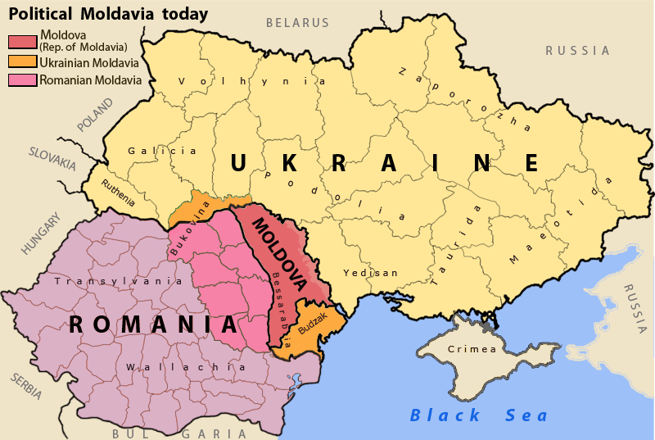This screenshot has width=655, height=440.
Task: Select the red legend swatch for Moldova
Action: click(x=22, y=41)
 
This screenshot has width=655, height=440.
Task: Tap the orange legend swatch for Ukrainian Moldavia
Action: click(x=22, y=61)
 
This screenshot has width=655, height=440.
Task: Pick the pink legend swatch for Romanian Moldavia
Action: click(x=22, y=80)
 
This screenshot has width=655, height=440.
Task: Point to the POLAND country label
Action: click(x=96, y=115)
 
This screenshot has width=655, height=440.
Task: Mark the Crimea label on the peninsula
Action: click(x=472, y=349)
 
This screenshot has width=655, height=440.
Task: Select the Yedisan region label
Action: click(x=370, y=273)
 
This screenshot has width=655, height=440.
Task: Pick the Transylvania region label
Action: click(x=118, y=280)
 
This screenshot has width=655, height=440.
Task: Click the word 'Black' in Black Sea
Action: click(x=434, y=415)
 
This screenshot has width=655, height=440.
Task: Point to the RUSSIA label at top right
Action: click(x=578, y=51)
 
